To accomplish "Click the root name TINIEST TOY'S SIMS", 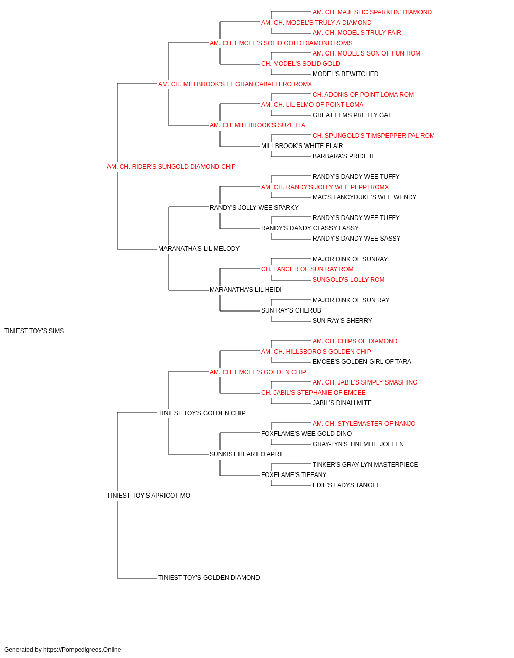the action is [x=34, y=331].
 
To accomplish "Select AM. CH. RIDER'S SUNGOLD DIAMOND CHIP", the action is [x=171, y=167].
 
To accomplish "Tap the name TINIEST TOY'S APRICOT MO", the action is [x=149, y=496].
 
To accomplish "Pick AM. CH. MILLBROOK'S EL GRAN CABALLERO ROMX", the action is [x=235, y=84].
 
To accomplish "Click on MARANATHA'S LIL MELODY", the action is [x=199, y=249].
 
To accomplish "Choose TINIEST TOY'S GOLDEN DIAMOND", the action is [x=209, y=578].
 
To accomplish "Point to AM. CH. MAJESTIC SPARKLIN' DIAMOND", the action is [x=372, y=12].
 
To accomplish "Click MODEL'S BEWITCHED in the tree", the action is [x=345, y=74].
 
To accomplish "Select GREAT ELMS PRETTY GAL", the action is [x=352, y=115].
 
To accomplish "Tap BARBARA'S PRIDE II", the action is [x=343, y=156].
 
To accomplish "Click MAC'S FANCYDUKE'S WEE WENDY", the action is [x=364, y=197].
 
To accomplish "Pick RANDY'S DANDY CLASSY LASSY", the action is [x=309, y=228].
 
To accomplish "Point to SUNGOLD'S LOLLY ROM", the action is [x=348, y=280].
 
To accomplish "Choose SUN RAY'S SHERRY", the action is [x=342, y=321].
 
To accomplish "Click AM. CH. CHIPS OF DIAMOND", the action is [x=355, y=341].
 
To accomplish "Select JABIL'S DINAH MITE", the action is [x=342, y=403].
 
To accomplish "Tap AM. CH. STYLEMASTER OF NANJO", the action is [x=364, y=424].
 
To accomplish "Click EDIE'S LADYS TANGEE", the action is [x=346, y=485].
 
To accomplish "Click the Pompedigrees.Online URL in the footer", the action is [x=82, y=650].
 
